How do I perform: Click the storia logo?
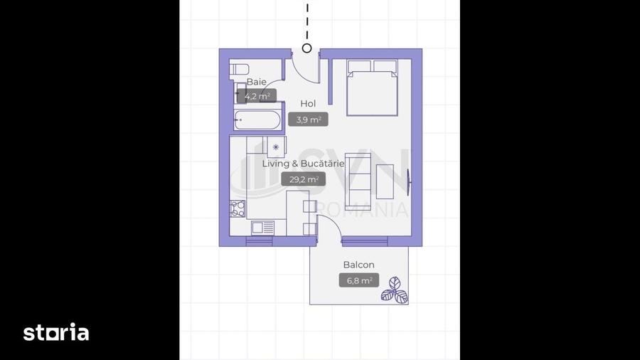click(x=56, y=332)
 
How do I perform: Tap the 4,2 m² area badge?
click(x=257, y=96)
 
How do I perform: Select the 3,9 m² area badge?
click(x=308, y=120)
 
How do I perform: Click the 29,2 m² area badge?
click(x=303, y=179)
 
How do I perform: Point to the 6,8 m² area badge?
click(x=359, y=280)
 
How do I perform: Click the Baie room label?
click(x=257, y=82)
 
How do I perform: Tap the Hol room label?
click(x=308, y=104)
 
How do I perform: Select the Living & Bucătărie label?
click(x=303, y=164)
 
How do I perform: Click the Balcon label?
click(x=359, y=265)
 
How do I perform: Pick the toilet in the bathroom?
click(x=239, y=69)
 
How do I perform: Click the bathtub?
click(x=257, y=120)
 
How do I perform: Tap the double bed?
click(x=372, y=88)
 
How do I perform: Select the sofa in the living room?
click(x=358, y=181)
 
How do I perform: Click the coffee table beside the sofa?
click(x=385, y=181)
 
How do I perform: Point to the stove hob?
click(x=238, y=208)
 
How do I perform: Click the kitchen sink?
click(x=263, y=228)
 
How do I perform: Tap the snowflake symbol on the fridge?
click(x=276, y=147)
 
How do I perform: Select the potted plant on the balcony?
click(x=395, y=290)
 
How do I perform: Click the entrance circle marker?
click(x=307, y=48)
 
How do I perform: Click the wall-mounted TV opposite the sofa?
click(x=410, y=181)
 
